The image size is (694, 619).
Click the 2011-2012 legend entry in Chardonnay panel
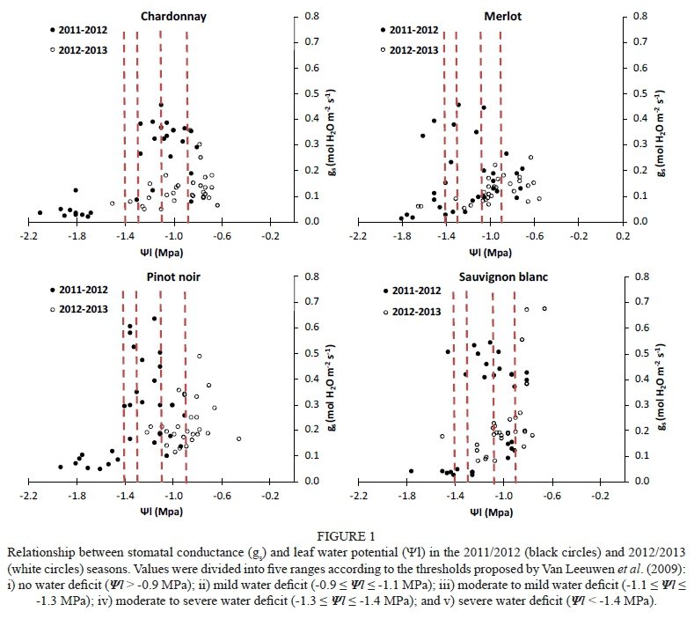[x=82, y=30]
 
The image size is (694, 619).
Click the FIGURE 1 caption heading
[x=347, y=533]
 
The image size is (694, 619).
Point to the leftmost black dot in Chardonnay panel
[x=40, y=212]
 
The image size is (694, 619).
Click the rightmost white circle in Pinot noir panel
[x=238, y=438]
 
